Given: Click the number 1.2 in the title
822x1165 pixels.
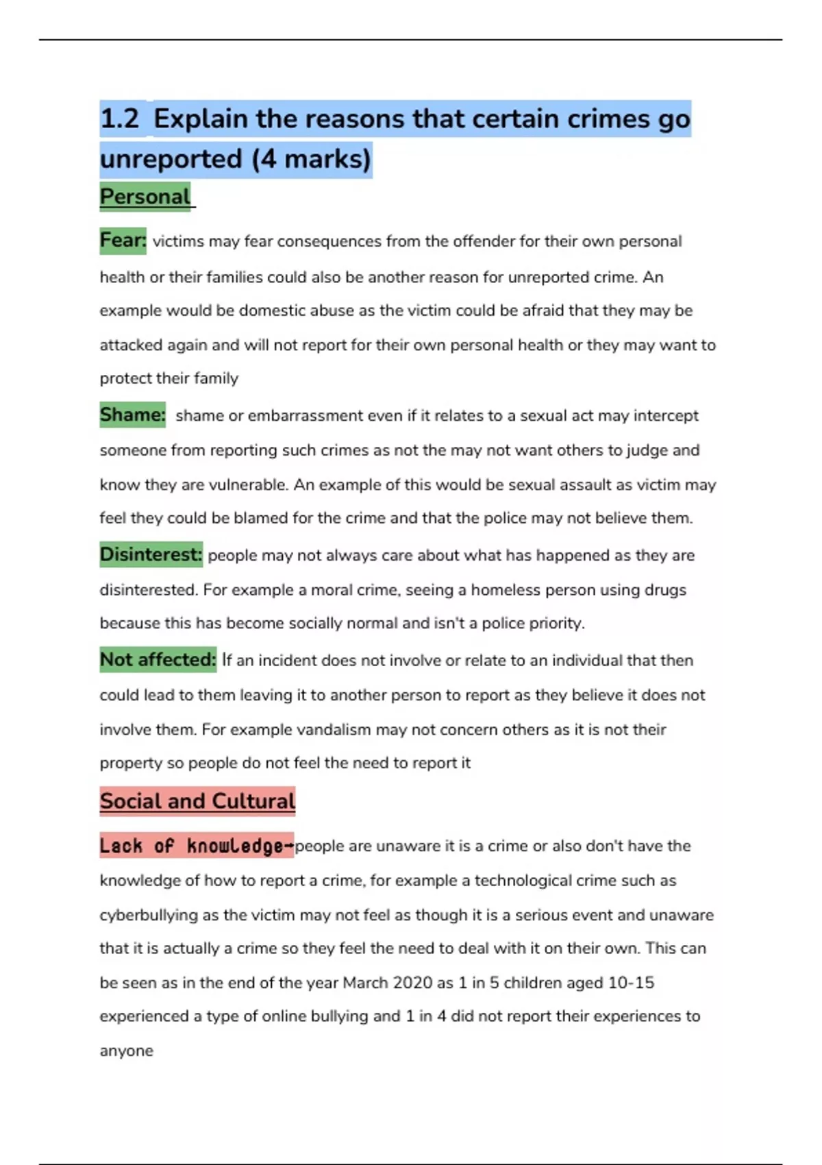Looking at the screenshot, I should tap(120, 119).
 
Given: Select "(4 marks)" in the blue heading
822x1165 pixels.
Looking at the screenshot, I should tap(311, 160).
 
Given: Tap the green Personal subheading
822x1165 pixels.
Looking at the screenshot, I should tap(145, 197).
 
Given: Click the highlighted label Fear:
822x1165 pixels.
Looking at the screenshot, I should tap(123, 241).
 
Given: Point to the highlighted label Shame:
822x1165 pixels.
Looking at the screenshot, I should tap(133, 415).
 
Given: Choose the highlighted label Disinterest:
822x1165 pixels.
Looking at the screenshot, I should tap(151, 554).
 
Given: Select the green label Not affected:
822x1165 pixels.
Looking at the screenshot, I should tap(158, 660).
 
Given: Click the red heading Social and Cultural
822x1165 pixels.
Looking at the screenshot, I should tap(197, 801).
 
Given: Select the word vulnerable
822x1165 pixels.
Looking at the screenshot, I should tap(247, 485).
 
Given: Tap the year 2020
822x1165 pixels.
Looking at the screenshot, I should tap(412, 983).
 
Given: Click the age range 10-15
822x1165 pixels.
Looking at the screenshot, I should tap(631, 983).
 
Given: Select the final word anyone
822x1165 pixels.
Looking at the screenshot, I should tap(127, 1051).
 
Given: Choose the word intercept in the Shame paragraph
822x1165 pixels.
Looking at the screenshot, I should tap(666, 416).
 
